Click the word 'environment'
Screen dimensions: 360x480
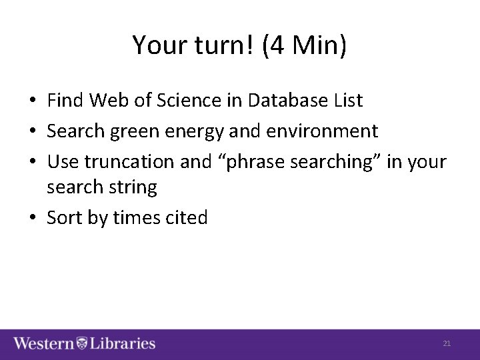[x=322, y=131]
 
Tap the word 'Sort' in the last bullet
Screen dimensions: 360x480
[x=65, y=217]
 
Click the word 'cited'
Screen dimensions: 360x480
[x=187, y=217]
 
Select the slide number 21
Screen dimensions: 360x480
[x=447, y=343]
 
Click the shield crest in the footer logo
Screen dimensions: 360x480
[x=81, y=344]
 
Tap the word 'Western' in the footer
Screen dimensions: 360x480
[x=44, y=344]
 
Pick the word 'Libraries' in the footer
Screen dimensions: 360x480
[x=122, y=344]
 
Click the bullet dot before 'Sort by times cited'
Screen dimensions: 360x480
[x=32, y=218]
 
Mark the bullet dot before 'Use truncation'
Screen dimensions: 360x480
[x=32, y=161]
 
